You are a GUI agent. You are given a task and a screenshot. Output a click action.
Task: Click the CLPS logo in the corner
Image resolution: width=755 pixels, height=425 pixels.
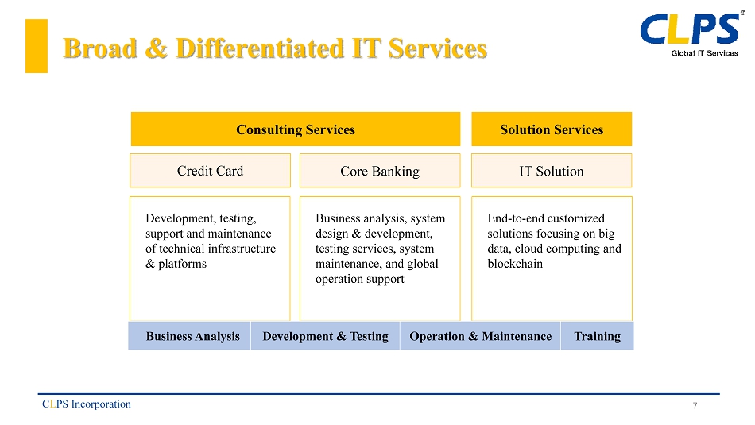click(x=692, y=33)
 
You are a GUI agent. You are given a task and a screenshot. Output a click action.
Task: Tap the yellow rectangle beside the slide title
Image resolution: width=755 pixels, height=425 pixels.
click(x=37, y=46)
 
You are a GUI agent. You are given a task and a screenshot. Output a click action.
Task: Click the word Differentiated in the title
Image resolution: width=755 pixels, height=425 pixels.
click(x=260, y=48)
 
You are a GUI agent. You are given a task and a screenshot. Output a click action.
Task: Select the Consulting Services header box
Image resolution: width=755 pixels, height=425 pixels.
click(x=296, y=129)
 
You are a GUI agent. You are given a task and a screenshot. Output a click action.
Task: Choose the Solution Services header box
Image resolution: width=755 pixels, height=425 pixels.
click(x=552, y=129)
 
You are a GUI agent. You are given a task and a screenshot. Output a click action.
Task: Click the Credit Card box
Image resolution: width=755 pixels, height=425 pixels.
click(x=210, y=170)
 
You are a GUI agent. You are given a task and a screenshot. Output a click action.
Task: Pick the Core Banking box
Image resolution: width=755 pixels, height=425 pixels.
click(x=380, y=170)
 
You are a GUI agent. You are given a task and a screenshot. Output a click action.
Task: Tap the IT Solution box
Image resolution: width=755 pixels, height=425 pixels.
click(x=552, y=170)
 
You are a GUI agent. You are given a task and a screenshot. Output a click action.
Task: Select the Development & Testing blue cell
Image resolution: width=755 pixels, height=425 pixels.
click(x=326, y=336)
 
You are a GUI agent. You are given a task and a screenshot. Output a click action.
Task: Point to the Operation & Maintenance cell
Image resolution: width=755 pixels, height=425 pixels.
click(x=481, y=336)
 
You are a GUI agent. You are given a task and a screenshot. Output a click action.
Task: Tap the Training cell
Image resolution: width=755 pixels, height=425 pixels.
click(x=598, y=336)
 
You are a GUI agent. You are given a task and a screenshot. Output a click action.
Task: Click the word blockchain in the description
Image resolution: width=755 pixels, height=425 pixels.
click(x=515, y=264)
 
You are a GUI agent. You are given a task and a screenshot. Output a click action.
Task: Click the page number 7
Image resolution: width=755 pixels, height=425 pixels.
click(x=695, y=405)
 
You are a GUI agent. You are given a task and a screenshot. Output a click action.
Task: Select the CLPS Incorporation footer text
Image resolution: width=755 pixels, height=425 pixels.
click(x=87, y=404)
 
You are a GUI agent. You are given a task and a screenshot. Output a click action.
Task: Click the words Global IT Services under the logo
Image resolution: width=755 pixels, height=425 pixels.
click(x=704, y=53)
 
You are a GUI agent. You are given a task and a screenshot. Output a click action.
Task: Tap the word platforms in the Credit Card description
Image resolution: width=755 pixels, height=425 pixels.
click(x=183, y=265)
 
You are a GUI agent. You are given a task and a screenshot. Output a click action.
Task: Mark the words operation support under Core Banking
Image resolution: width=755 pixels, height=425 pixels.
click(x=360, y=279)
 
